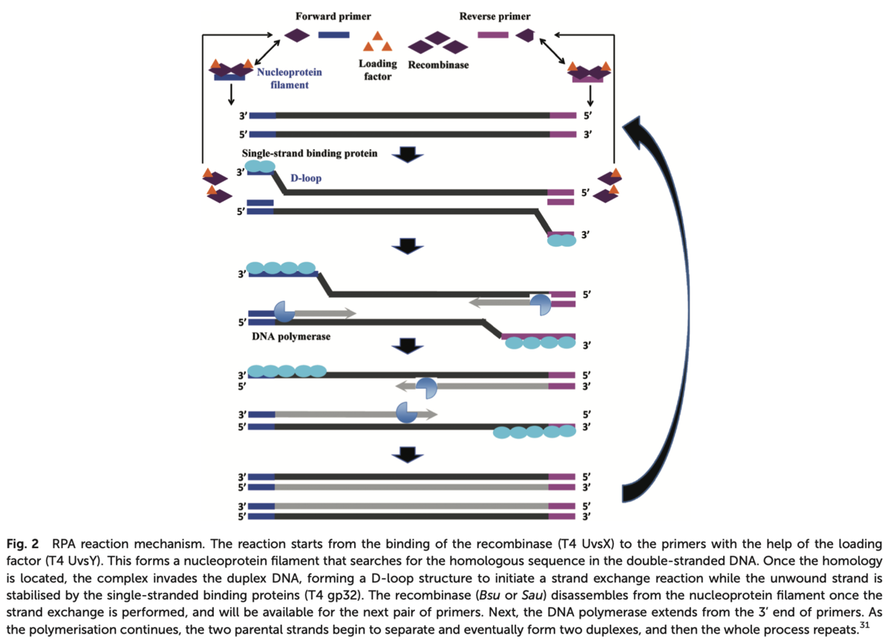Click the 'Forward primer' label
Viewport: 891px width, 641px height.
[323, 16]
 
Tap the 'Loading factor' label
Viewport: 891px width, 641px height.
[378, 70]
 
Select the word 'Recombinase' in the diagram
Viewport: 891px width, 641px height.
[439, 65]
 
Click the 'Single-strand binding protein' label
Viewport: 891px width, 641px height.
[310, 154]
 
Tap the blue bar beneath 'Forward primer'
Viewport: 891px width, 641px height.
[333, 34]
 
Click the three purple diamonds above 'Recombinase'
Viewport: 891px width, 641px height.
[438, 44]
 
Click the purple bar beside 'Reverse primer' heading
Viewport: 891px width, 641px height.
[492, 34]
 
